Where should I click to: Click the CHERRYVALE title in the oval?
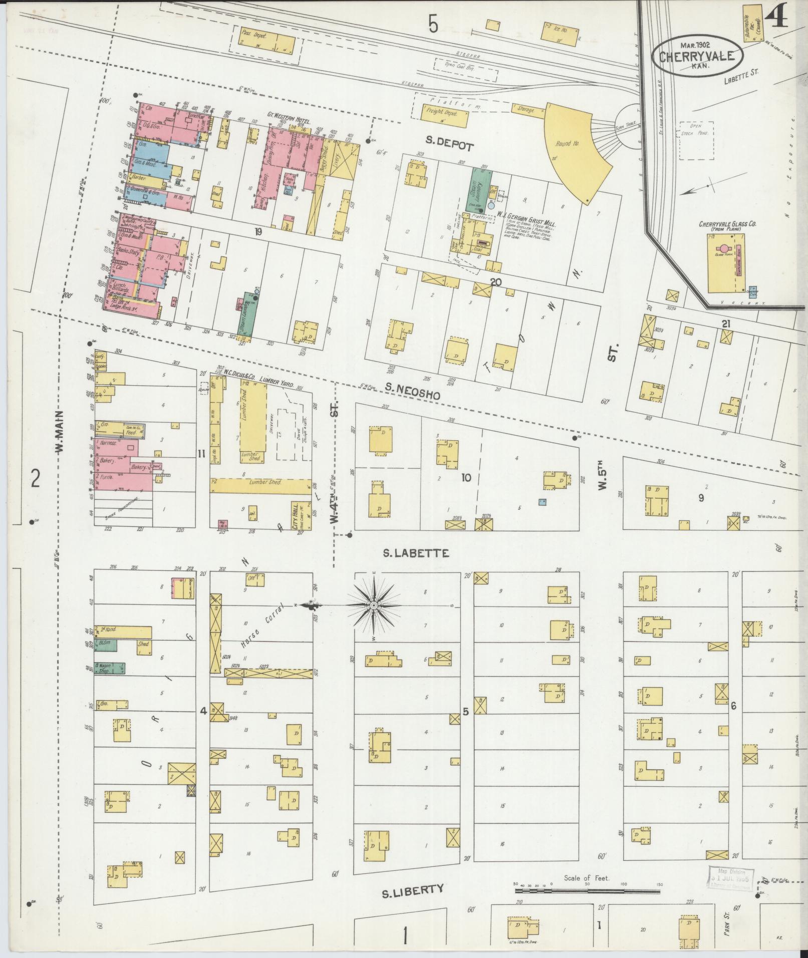(697, 56)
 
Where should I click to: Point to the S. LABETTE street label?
(416, 553)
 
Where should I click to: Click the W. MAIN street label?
(60, 432)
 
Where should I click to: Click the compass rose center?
(373, 606)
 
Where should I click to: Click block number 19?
(258, 231)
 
